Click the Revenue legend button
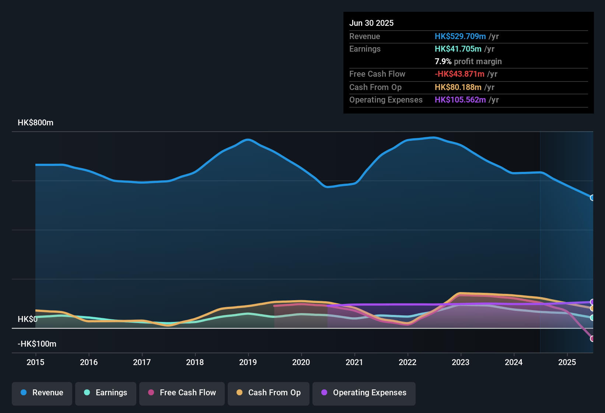pyautogui.click(x=42, y=393)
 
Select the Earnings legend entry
pyautogui.click(x=106, y=393)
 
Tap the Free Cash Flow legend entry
pyautogui.click(x=182, y=393)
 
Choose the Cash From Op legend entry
pyautogui.click(x=269, y=393)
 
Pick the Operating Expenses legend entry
pyautogui.click(x=364, y=393)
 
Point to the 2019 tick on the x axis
pyautogui.click(x=248, y=362)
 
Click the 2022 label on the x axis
pyautogui.click(x=408, y=362)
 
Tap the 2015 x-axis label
pyautogui.click(x=35, y=362)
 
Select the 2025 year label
pyautogui.click(x=567, y=362)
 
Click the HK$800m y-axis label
pyautogui.click(x=35, y=123)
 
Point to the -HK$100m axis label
pyautogui.click(x=37, y=344)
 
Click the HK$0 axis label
pyautogui.click(x=28, y=319)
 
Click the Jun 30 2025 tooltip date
pyautogui.click(x=371, y=23)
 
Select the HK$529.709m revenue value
pyautogui.click(x=460, y=36)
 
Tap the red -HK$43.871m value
pyautogui.click(x=459, y=74)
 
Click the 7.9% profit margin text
pyautogui.click(x=468, y=62)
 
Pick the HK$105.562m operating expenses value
pyautogui.click(x=460, y=100)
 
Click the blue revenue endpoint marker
pyautogui.click(x=592, y=198)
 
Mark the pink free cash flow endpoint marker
pyautogui.click(x=592, y=339)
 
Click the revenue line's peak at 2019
pyautogui.click(x=248, y=140)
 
